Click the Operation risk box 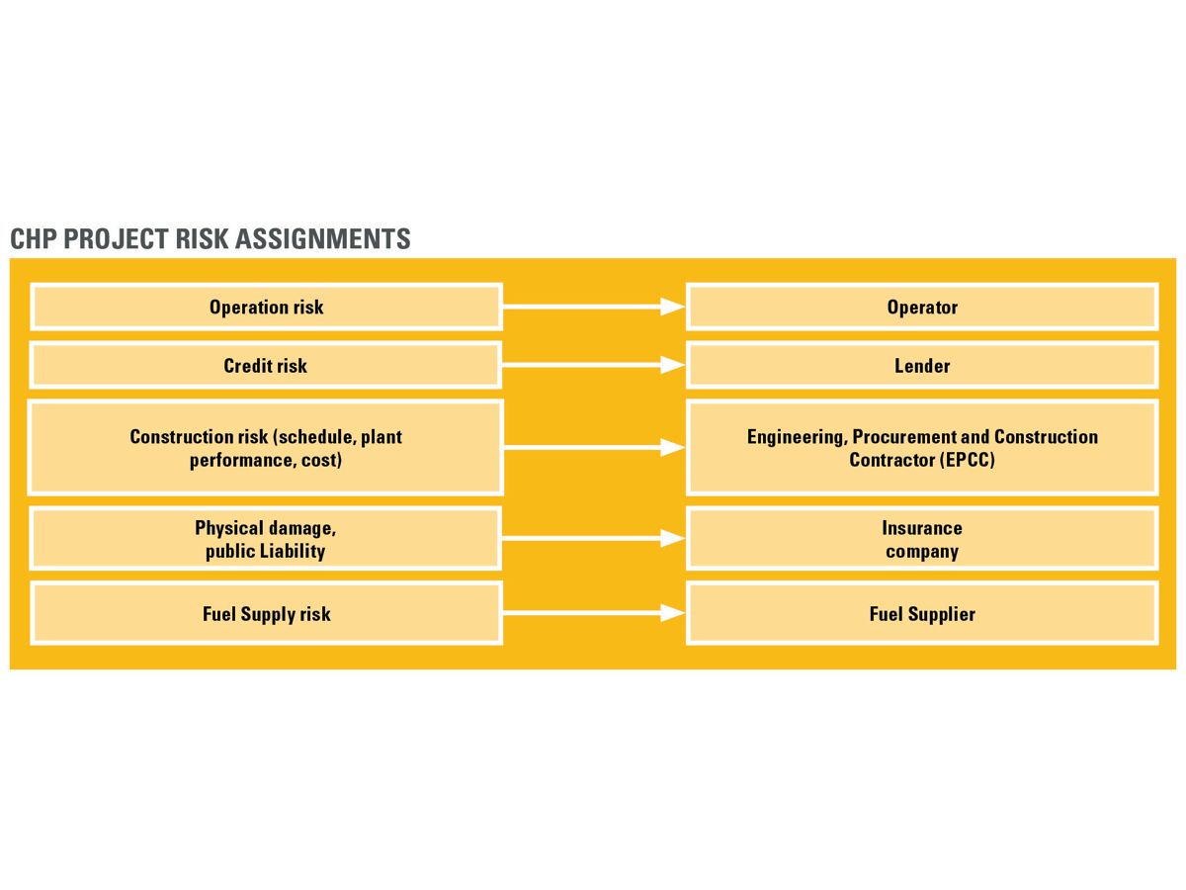coord(266,307)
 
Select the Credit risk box coord(266,366)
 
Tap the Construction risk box coord(266,448)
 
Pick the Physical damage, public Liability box coord(266,539)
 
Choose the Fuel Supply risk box coord(266,614)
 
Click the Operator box coord(921,307)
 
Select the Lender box coord(921,366)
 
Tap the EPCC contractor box coord(921,448)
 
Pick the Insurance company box coord(921,539)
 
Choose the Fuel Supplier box coord(921,614)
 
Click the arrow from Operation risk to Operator coord(593,308)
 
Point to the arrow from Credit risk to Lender coord(593,366)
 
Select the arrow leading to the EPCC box coord(593,448)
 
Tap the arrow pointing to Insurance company coord(593,539)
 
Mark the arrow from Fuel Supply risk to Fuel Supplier coord(593,614)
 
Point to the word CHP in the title coord(33,239)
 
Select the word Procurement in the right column coord(903,437)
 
